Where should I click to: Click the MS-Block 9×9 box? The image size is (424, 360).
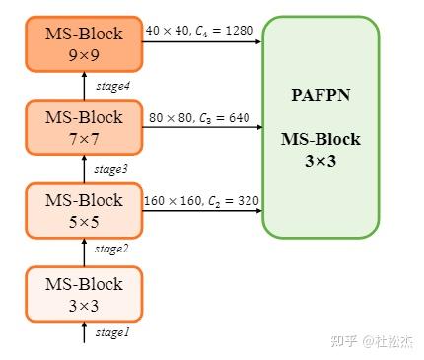pyautogui.click(x=84, y=43)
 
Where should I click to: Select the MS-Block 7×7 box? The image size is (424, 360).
pyautogui.click(x=84, y=126)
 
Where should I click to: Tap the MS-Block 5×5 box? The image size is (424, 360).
pyautogui.click(x=84, y=210)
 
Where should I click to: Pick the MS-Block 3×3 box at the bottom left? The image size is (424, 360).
pyautogui.click(x=84, y=293)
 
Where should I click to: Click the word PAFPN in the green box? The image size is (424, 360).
pyautogui.click(x=319, y=95)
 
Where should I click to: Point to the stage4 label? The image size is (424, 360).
pyautogui.click(x=113, y=86)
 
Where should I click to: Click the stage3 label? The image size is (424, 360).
pyautogui.click(x=111, y=169)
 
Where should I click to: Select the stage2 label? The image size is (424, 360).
pyautogui.click(x=111, y=249)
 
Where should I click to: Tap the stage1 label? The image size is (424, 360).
pyautogui.click(x=111, y=333)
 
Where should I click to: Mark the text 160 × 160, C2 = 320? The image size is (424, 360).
pyautogui.click(x=201, y=201)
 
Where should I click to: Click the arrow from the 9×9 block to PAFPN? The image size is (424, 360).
pyautogui.click(x=202, y=42)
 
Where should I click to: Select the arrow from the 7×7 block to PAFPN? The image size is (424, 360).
pyautogui.click(x=202, y=128)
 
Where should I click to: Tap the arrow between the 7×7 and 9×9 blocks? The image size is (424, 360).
pyautogui.click(x=85, y=86)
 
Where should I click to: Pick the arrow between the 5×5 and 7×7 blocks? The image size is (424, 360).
pyautogui.click(x=85, y=169)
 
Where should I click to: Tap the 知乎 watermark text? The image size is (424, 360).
pyautogui.click(x=343, y=341)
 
